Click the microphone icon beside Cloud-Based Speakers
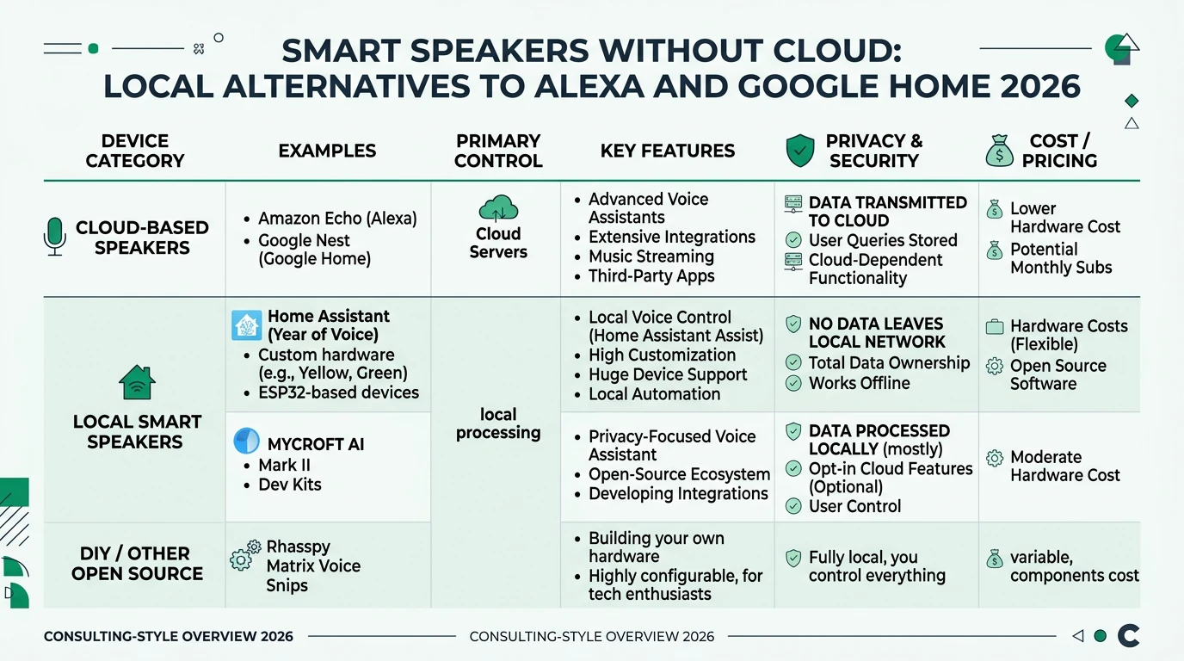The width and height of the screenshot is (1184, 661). pos(54,237)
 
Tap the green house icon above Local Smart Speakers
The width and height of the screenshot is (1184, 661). pos(137,383)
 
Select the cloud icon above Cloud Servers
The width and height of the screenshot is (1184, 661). pos(498,209)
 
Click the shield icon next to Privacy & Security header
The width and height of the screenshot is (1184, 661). pos(800,151)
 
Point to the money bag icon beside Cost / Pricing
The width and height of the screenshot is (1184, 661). pos(999,151)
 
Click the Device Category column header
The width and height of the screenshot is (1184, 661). pos(135,151)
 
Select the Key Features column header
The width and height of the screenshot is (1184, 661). pos(667,151)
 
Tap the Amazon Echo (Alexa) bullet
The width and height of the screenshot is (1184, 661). pos(337,219)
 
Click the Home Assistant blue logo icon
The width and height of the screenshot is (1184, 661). pos(247,325)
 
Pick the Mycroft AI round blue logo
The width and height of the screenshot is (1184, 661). pos(247,442)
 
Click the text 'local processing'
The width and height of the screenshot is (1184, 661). pos(498,423)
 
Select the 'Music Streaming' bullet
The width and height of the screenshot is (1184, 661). pos(651,256)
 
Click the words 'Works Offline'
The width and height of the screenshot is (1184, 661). pos(859,383)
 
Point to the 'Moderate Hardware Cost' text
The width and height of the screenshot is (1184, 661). pos(1064,466)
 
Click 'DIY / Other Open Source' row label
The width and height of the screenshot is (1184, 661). pos(137,564)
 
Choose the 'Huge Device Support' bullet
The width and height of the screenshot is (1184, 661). pos(667,374)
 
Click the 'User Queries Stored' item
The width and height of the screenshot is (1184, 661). pos(882,240)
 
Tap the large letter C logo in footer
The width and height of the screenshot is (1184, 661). pos(1128,636)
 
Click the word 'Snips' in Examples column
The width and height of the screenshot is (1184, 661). pos(287,585)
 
